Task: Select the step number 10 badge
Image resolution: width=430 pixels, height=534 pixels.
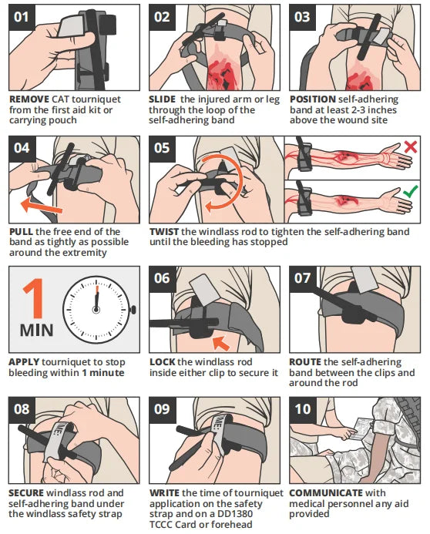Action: tap(303, 409)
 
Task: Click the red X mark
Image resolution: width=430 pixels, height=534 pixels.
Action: tap(411, 147)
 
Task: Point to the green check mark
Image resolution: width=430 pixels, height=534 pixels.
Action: tap(411, 191)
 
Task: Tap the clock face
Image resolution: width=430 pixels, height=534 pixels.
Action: tap(96, 310)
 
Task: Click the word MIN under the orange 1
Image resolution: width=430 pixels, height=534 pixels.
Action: tap(37, 331)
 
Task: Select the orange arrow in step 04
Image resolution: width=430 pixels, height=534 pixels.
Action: tap(41, 206)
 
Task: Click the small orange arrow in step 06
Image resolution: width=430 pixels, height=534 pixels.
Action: tap(221, 343)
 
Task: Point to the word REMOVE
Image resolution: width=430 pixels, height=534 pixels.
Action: tap(29, 99)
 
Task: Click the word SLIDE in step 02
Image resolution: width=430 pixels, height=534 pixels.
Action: tap(162, 99)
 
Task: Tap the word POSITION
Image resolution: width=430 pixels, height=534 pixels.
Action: tap(313, 99)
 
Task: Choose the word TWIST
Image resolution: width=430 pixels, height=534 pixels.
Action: tap(164, 232)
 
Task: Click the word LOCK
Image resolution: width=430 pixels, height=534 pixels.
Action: tap(163, 362)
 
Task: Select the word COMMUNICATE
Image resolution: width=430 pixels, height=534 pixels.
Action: tap(326, 493)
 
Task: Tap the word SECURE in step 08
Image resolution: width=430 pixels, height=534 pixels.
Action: tap(26, 493)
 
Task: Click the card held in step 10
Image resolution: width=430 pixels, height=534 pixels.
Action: tap(361, 430)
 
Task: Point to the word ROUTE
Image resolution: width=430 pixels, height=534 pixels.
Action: tap(305, 362)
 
